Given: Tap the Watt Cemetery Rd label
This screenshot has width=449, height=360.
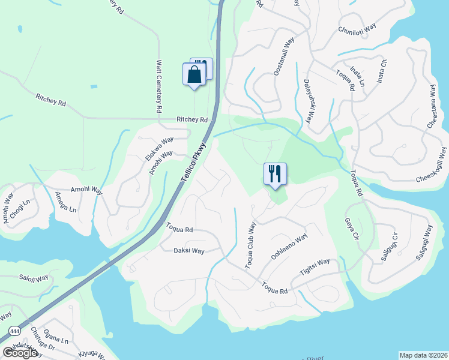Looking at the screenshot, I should pos(160,86).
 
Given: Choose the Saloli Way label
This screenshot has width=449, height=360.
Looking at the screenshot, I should pos(34,278).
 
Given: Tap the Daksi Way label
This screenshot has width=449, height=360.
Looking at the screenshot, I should pos(189,251).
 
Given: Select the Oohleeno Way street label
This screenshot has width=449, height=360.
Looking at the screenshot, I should pos(289,247).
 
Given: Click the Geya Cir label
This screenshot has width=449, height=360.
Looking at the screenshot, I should pos(349,228).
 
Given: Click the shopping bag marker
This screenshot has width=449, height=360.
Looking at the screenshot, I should pos(193,76).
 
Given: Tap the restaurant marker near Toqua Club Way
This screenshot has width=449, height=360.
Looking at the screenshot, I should pos(275,174).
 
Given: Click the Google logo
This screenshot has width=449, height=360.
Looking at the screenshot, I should pos(19,353).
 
